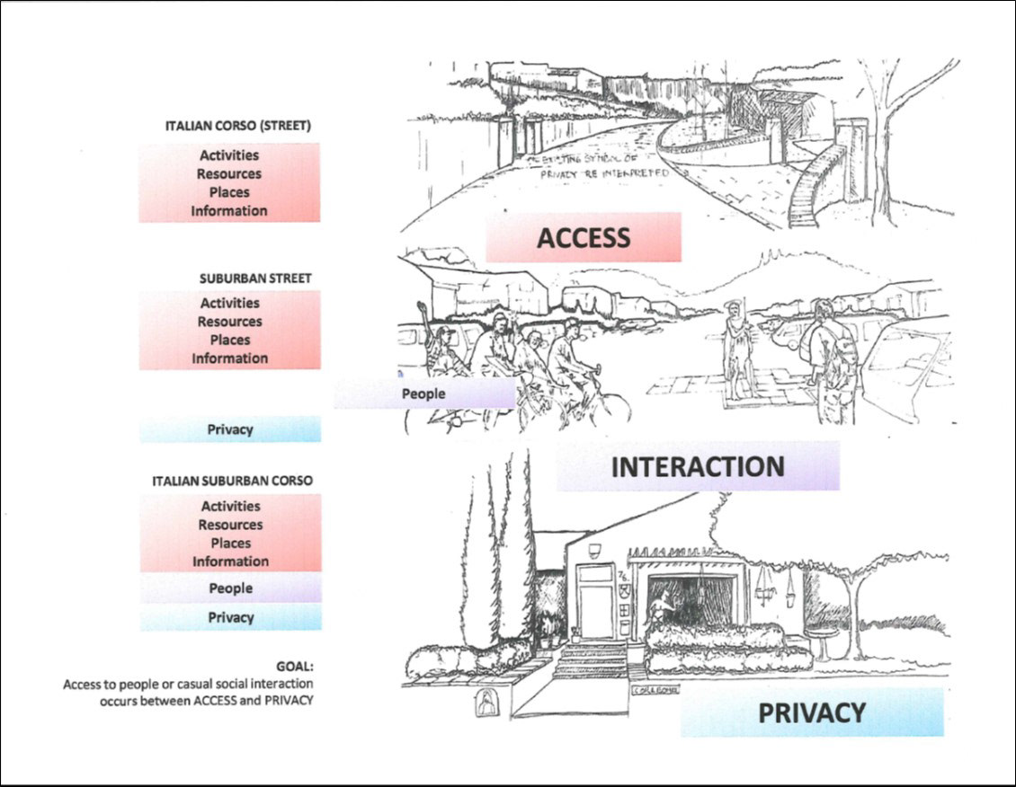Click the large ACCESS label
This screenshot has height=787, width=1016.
[583, 237]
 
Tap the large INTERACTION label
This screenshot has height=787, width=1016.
[697, 466]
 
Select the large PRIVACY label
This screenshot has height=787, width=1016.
[811, 712]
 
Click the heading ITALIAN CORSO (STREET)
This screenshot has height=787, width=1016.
[238, 127]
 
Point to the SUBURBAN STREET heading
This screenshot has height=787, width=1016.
[255, 279]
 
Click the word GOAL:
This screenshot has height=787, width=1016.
[294, 668]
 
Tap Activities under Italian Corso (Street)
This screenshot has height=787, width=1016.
[229, 155]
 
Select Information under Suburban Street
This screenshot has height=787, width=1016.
[229, 358]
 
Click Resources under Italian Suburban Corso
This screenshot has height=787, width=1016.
[230, 525]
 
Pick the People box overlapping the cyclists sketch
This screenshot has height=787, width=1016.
[423, 393]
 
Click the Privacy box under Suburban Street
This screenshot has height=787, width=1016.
[230, 429]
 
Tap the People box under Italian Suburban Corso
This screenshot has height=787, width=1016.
[230, 588]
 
